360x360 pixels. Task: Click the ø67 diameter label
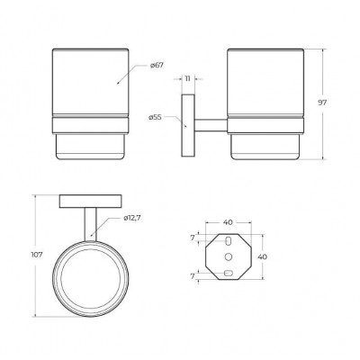coord(157,65)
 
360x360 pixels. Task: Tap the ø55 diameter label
coord(155,117)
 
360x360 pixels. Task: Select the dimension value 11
coord(187,79)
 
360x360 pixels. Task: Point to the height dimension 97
coord(322,103)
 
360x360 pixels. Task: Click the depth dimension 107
coord(37,255)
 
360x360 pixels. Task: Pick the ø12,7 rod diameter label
coord(132,218)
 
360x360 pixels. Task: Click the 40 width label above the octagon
coord(228,222)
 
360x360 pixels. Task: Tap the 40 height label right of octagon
coord(263,256)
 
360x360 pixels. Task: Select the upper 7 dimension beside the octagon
coord(193,238)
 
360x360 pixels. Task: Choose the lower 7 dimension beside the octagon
coord(193,275)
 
